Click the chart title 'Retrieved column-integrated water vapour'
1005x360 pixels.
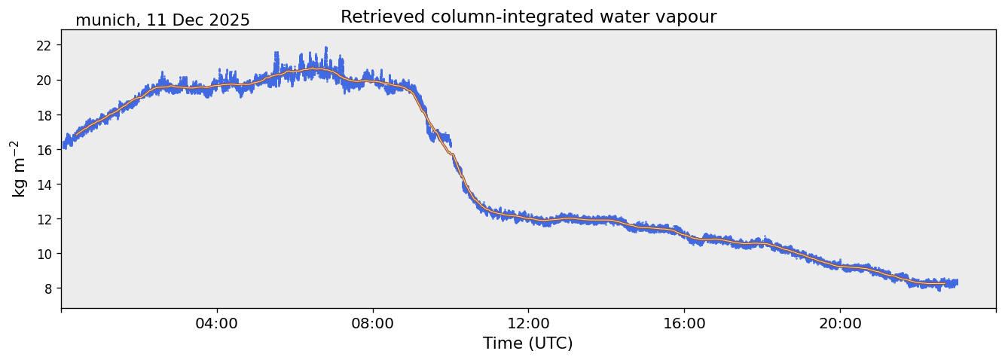click(x=528, y=17)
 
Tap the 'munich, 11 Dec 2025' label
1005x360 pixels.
click(x=162, y=20)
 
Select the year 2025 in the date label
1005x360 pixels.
click(x=229, y=20)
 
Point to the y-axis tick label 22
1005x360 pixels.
click(x=44, y=45)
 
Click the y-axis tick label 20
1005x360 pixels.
click(x=44, y=80)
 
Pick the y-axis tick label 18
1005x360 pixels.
click(x=44, y=114)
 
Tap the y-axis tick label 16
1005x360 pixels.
click(x=44, y=149)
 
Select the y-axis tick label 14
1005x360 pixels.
click(x=44, y=184)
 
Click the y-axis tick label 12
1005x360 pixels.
click(x=44, y=218)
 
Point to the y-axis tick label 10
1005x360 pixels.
click(x=44, y=253)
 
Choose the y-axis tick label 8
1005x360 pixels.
click(x=47, y=288)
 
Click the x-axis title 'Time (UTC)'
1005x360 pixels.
click(x=528, y=343)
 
